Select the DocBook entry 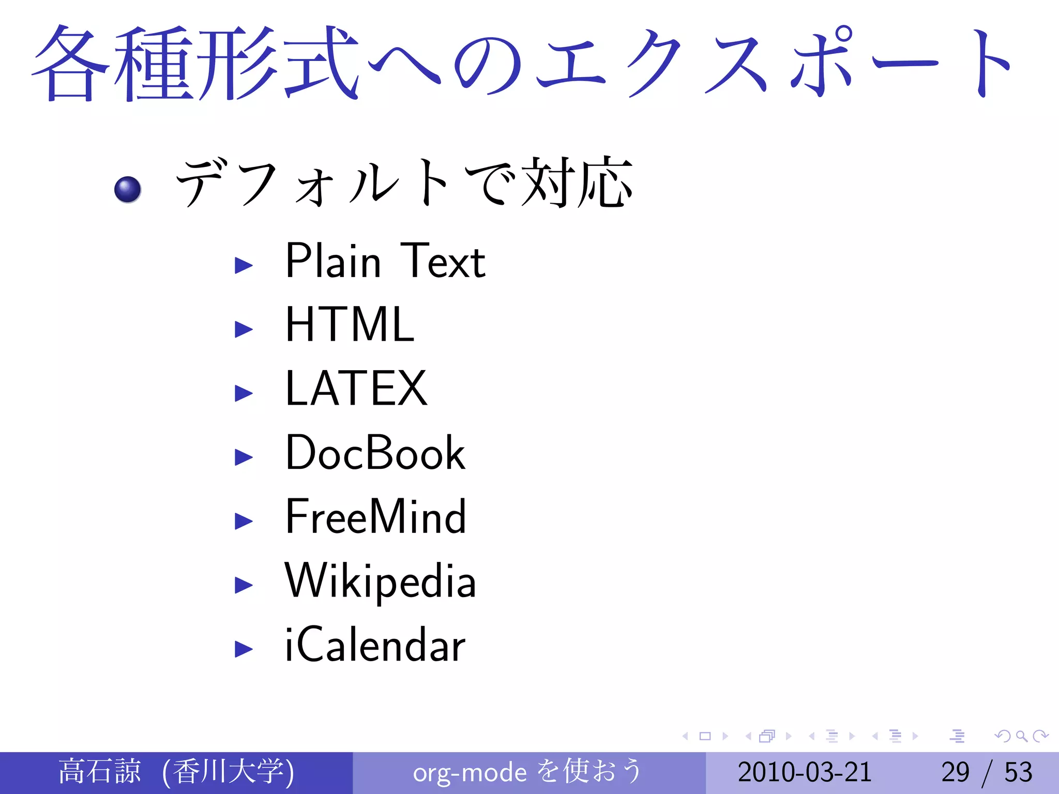tap(375, 453)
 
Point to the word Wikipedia tap(380, 581)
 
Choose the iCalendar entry tap(375, 645)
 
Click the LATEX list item tap(356, 389)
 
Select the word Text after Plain tap(443, 262)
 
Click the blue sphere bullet tap(128, 189)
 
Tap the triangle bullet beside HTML tap(244, 329)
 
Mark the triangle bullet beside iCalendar tap(244, 649)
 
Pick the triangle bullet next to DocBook tap(244, 457)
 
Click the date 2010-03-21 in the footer tap(805, 772)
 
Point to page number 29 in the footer tap(955, 772)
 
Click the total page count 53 tap(1018, 772)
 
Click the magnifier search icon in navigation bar tap(1021, 736)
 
